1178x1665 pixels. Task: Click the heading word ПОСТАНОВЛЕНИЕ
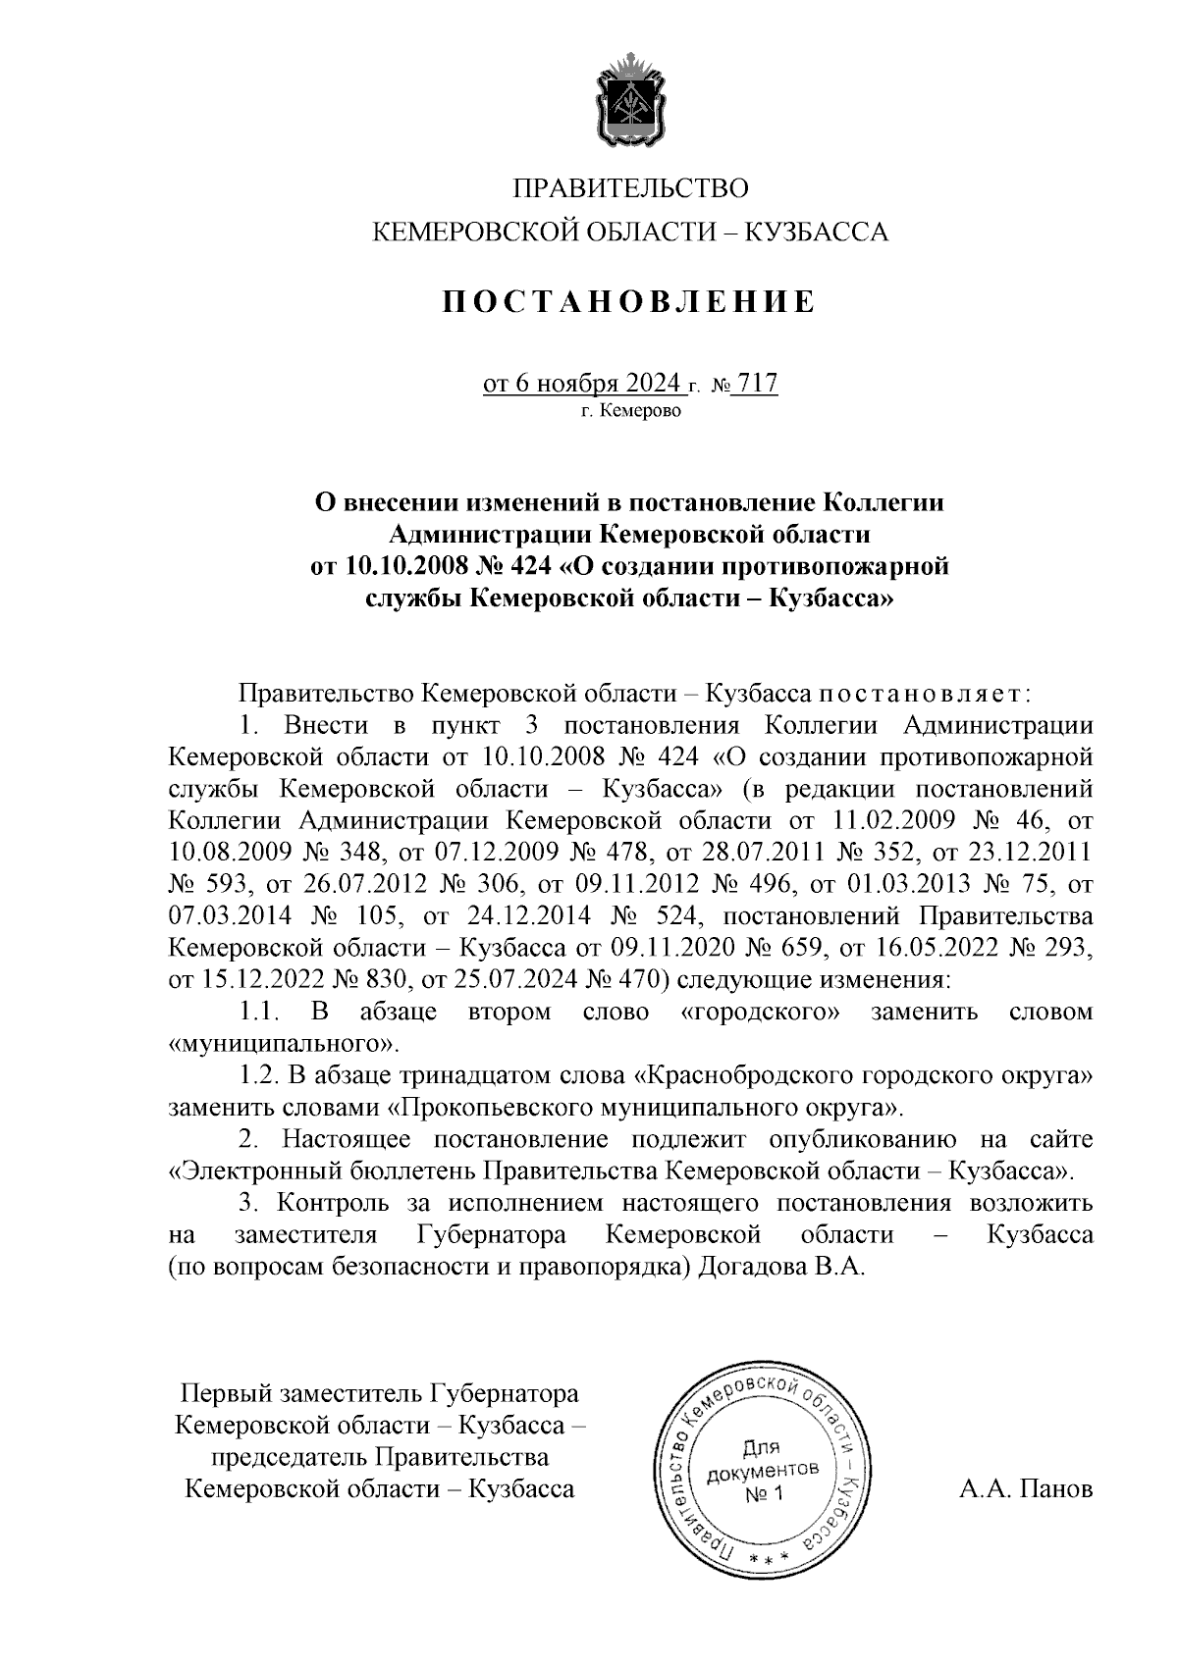[628, 301]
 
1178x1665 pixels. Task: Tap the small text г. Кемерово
[629, 411]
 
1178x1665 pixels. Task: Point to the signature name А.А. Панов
[1026, 1489]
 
